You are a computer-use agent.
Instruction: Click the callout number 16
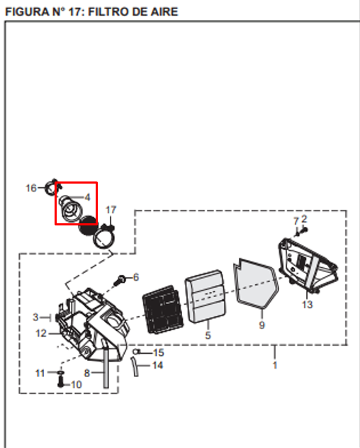pyautogui.click(x=31, y=188)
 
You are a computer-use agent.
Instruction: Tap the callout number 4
pyautogui.click(x=87, y=197)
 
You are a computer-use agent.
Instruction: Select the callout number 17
pyautogui.click(x=111, y=210)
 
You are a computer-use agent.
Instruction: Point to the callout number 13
pyautogui.click(x=308, y=304)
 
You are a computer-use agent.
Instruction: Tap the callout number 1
pyautogui.click(x=275, y=365)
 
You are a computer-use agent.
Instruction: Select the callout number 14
pyautogui.click(x=158, y=365)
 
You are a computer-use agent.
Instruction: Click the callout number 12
pyautogui.click(x=41, y=333)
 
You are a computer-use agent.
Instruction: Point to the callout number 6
pyautogui.click(x=136, y=277)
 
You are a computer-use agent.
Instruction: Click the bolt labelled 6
pyautogui.click(x=120, y=280)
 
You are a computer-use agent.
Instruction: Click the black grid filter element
pyautogui.click(x=163, y=310)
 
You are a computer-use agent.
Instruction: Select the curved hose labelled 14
pyautogui.click(x=135, y=367)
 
